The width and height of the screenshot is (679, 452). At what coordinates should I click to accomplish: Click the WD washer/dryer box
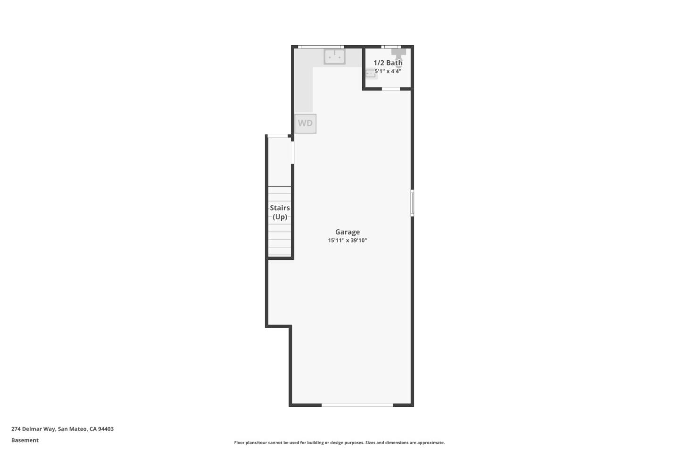tap(306, 123)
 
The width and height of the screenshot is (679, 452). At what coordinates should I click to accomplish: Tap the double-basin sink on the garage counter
tap(335, 56)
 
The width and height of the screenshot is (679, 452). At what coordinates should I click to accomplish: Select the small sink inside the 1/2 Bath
tap(371, 73)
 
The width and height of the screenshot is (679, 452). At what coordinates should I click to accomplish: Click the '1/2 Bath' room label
tap(388, 63)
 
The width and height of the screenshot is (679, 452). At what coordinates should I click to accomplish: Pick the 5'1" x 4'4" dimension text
tap(388, 71)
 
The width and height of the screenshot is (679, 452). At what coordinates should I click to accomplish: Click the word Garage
tap(348, 232)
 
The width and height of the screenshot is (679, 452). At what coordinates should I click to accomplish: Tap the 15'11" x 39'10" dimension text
tap(348, 241)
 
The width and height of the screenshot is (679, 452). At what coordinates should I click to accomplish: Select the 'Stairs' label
tap(280, 208)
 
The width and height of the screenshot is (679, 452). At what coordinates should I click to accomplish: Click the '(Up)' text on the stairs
tap(280, 217)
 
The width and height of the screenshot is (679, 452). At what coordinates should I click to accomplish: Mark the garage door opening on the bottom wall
tap(357, 405)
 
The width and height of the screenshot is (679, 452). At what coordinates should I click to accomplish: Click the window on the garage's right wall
tap(412, 203)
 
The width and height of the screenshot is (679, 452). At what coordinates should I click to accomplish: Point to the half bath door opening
tap(391, 89)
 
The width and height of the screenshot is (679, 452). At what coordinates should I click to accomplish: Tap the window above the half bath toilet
tap(391, 47)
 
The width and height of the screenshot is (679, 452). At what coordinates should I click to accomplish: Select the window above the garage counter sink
tap(321, 47)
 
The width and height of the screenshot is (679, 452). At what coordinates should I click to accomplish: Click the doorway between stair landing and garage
tap(292, 153)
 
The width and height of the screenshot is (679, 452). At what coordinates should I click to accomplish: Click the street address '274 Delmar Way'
tap(33, 428)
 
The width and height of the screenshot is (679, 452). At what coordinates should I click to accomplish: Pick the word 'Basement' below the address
tap(25, 440)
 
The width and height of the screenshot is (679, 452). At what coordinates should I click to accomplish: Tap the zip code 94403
tap(106, 428)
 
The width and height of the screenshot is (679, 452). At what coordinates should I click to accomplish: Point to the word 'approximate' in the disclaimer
tap(431, 443)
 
